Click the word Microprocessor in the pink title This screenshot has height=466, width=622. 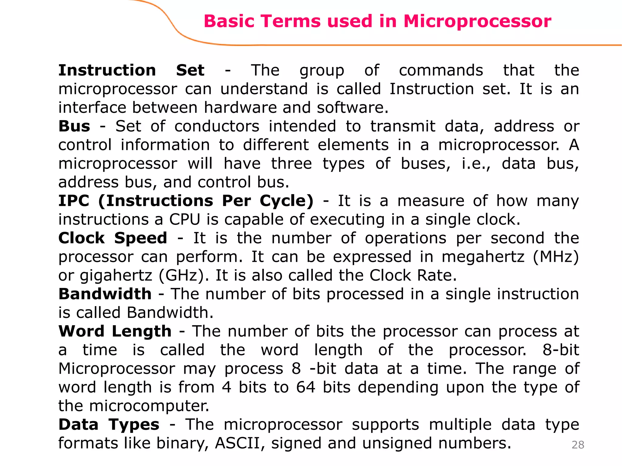point(477,21)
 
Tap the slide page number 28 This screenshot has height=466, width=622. point(578,445)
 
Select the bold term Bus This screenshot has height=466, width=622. point(74,126)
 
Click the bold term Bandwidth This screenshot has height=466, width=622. point(105,294)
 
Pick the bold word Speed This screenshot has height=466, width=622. point(141,238)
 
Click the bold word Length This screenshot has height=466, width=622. point(142,331)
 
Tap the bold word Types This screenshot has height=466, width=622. point(134,424)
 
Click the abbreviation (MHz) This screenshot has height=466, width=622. point(556,257)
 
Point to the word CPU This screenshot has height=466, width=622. point(185,219)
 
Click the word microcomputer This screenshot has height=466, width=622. point(149,406)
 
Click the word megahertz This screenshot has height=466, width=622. point(483,257)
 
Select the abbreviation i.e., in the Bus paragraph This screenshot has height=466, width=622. point(476,164)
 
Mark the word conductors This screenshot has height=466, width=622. point(217,126)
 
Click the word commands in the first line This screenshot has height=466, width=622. point(441,70)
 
